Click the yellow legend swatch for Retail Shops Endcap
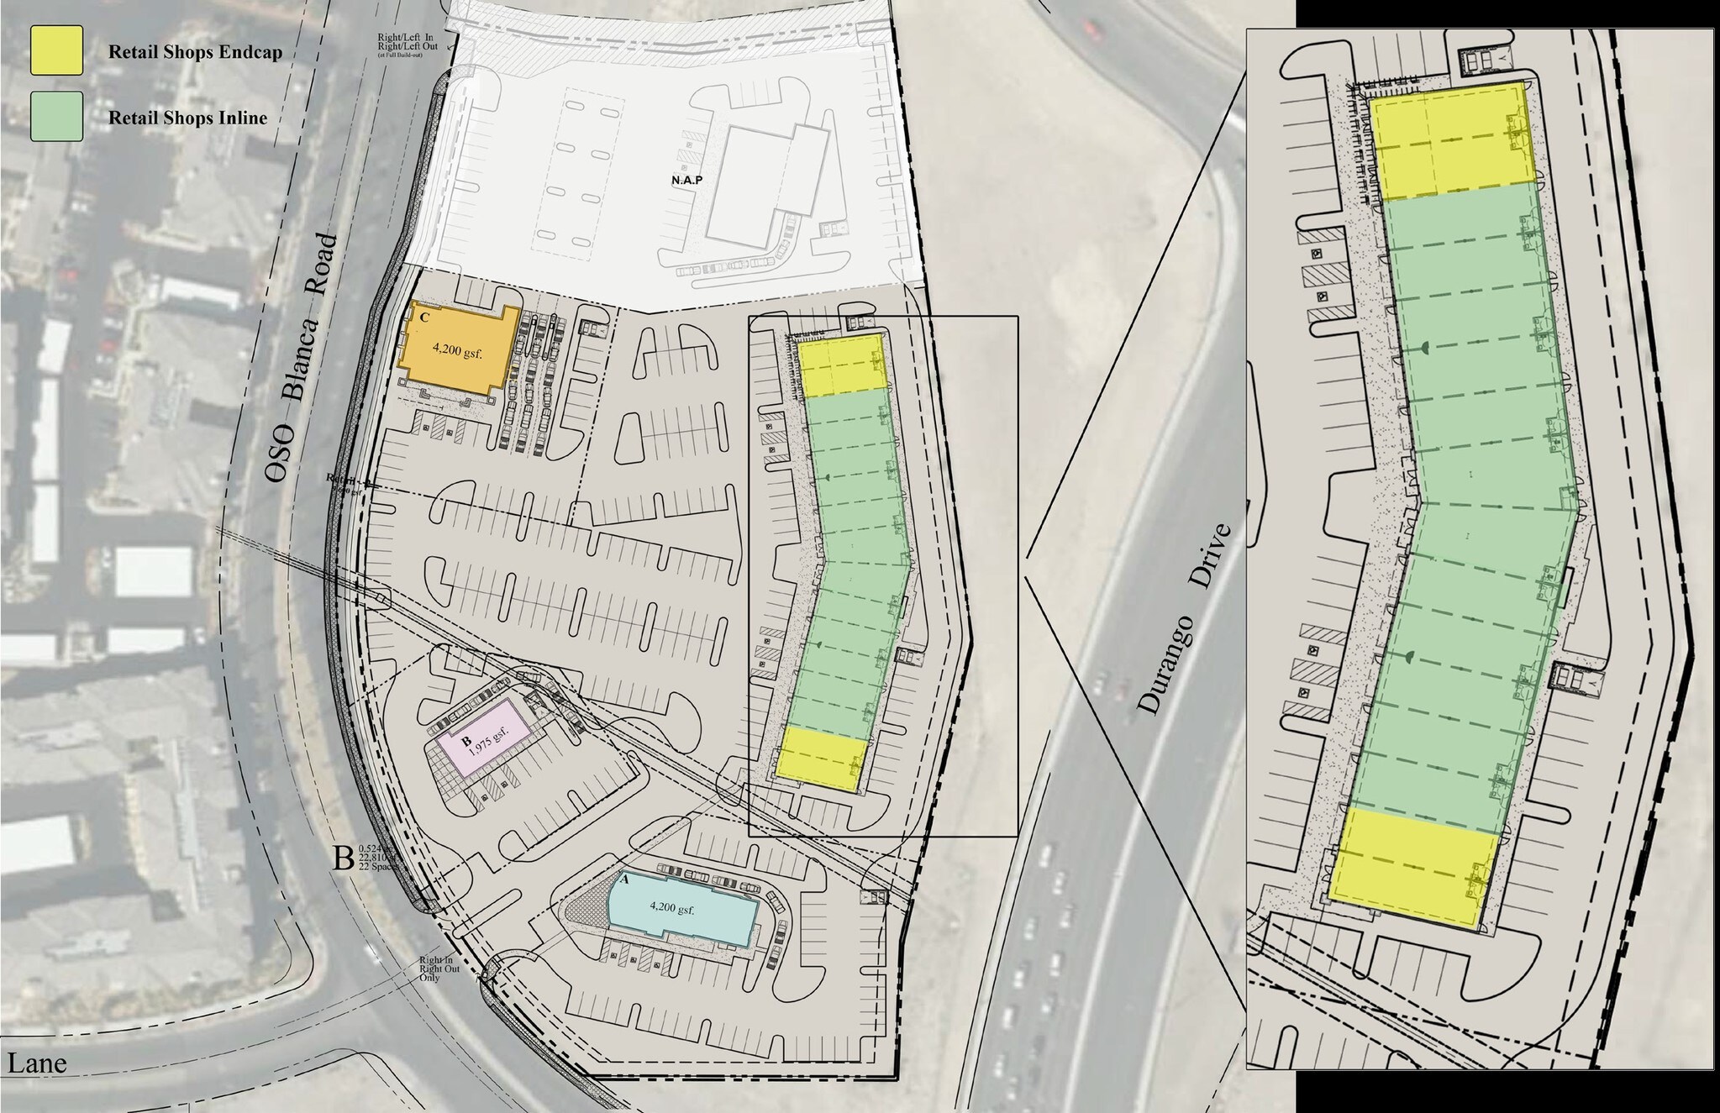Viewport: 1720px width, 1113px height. click(56, 50)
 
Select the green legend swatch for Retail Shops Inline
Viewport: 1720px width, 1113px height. click(56, 116)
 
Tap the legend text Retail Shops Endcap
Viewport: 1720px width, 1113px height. click(195, 52)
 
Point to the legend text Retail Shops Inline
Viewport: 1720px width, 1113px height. click(187, 118)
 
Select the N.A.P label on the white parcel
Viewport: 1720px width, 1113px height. click(686, 180)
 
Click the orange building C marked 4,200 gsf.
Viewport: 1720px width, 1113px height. click(457, 352)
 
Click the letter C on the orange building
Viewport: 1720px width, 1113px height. click(424, 318)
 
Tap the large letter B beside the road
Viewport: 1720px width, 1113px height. click(343, 858)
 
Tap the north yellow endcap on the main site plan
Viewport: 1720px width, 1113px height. click(843, 365)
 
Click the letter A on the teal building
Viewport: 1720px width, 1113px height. click(623, 880)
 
